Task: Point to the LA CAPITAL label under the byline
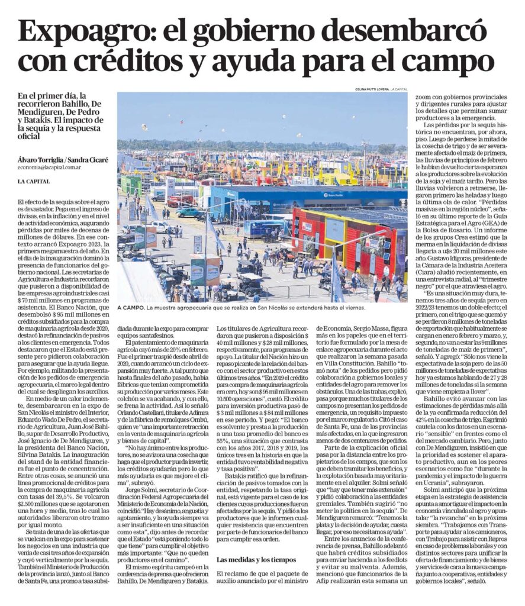(x=34, y=181)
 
